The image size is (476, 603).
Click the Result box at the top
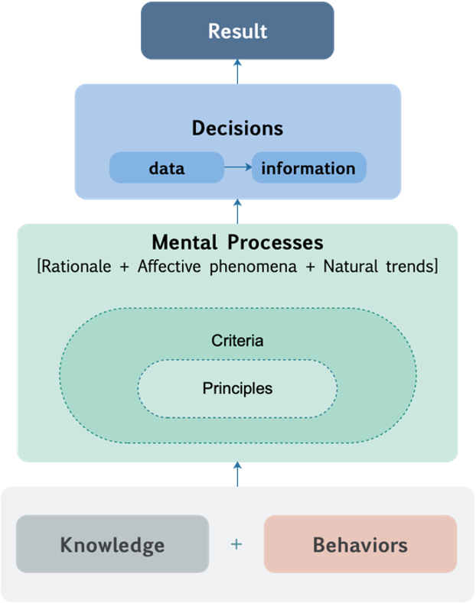tap(237, 31)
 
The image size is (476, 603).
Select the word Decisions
tap(237, 128)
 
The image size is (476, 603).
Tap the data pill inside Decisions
tap(166, 168)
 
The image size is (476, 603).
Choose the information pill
tap(308, 168)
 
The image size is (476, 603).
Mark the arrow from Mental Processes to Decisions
tap(237, 211)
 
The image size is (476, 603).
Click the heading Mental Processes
tap(237, 243)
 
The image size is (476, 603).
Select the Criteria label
tap(237, 341)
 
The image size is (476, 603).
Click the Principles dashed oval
tap(237, 388)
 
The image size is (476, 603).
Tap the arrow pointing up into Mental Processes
tap(237, 474)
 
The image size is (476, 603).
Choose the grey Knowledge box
tap(112, 545)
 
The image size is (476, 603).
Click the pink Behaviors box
tap(360, 545)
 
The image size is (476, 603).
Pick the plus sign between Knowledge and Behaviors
tap(236, 545)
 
